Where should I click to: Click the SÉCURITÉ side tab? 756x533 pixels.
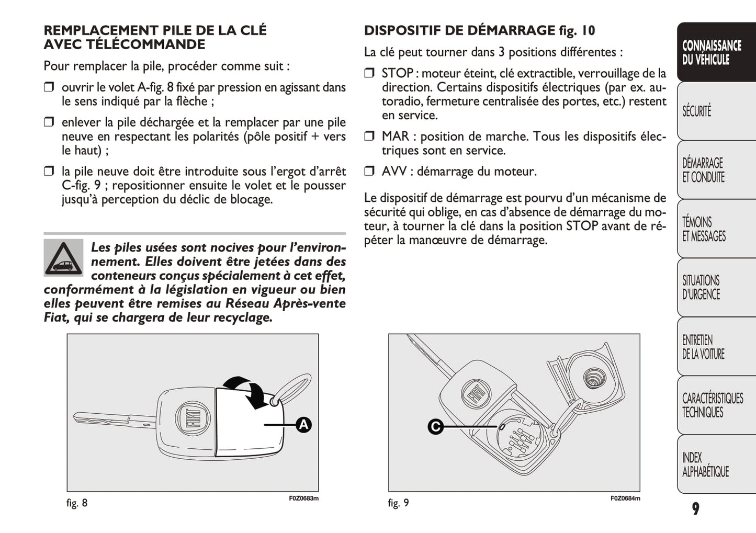715,111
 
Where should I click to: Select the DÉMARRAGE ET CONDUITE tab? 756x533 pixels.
715,170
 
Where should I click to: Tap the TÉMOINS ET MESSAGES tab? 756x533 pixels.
715,229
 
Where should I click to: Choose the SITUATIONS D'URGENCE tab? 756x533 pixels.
715,288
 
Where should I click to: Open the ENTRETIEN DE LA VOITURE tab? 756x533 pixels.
715,347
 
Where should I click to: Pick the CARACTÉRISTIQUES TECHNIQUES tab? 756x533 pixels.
715,405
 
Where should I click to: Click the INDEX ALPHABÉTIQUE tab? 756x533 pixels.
715,464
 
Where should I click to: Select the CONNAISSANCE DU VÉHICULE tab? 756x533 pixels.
715,52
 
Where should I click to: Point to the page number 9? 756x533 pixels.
695,508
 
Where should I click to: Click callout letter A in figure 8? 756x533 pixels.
303,425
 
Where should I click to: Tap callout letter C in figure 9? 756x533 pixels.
435,427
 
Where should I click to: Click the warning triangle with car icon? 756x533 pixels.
63,258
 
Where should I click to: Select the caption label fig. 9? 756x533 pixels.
398,503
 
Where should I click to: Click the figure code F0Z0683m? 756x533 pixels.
303,498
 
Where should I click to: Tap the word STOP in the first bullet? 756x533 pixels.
397,73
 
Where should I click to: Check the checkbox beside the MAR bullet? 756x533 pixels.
369,137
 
